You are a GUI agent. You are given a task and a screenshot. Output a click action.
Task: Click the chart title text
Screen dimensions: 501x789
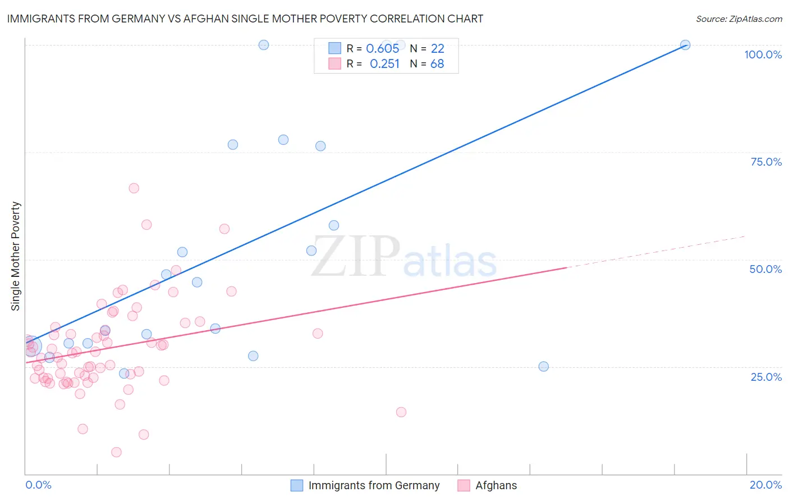[245, 19]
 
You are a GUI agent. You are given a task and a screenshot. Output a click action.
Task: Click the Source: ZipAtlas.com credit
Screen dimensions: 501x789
[738, 19]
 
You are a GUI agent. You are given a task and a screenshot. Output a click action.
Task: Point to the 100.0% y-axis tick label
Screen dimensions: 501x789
[763, 54]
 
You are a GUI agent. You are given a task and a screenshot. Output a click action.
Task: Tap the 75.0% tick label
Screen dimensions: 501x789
[766, 162]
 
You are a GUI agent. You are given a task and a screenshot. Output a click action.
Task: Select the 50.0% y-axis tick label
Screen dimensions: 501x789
[765, 269]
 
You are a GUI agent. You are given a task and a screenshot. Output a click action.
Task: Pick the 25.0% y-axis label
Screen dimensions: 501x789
[766, 376]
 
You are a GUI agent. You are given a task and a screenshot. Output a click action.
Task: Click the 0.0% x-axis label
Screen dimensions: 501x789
[38, 485]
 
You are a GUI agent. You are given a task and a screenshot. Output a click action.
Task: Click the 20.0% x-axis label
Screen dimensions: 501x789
[765, 485]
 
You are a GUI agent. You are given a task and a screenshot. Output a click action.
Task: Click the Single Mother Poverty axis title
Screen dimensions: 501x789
[16, 256]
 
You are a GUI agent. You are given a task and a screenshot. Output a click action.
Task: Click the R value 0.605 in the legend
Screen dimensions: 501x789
[382, 48]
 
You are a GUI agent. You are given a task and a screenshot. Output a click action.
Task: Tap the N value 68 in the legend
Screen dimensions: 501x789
[437, 63]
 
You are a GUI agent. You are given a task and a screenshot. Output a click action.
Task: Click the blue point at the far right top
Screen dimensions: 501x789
[685, 45]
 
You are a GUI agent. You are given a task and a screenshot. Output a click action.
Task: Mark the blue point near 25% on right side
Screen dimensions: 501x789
[543, 366]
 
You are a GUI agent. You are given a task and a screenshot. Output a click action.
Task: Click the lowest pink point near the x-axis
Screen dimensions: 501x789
[116, 452]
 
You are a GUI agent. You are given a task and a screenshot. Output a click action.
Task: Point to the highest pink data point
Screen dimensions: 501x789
[134, 188]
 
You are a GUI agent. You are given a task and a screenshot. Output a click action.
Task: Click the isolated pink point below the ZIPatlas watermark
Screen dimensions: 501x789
[401, 412]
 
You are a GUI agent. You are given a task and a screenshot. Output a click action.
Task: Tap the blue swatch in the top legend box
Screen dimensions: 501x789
[334, 48]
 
